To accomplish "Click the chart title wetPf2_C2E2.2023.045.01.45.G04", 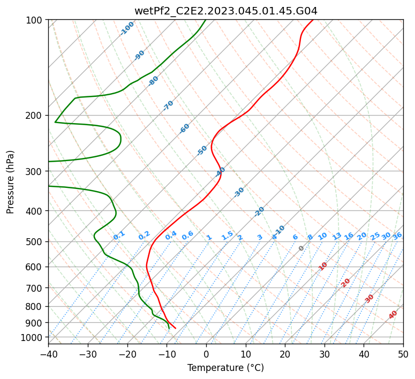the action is (x=226, y=11).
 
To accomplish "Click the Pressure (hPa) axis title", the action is (x=10, y=182).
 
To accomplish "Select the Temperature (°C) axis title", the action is (x=226, y=368).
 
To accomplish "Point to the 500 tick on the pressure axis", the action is (x=36, y=241).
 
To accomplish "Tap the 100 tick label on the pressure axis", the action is (x=36, y=20).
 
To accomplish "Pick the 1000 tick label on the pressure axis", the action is (x=34, y=337).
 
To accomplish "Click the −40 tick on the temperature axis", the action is (x=48, y=354).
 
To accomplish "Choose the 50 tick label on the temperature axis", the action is (x=403, y=354).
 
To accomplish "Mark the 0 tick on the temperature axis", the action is (x=207, y=354).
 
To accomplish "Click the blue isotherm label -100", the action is (x=127, y=28).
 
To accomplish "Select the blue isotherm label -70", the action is (x=168, y=105).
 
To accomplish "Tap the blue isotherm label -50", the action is (x=202, y=150).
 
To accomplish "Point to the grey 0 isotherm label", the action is (x=301, y=248).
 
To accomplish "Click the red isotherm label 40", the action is (x=393, y=315).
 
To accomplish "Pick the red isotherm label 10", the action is (x=323, y=266).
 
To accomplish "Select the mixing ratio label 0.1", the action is (x=119, y=236).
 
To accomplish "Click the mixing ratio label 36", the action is (x=397, y=236).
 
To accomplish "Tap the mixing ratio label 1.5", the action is (x=228, y=236).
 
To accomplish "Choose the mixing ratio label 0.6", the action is (x=187, y=236).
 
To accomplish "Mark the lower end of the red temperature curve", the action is (x=176, y=328).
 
